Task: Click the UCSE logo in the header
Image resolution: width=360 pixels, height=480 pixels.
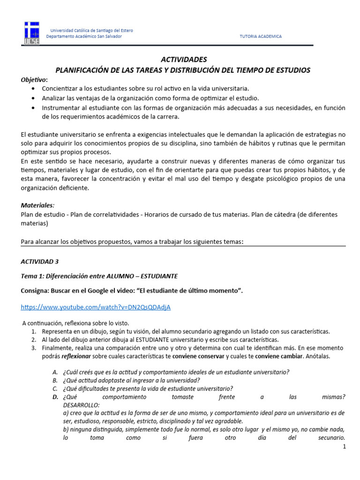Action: (x=32, y=33)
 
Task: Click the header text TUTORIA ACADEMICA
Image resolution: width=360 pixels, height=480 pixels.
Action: (x=261, y=37)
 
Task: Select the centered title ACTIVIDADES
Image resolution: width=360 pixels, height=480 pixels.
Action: (x=183, y=60)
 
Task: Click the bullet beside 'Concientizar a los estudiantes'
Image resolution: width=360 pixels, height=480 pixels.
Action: (x=32, y=88)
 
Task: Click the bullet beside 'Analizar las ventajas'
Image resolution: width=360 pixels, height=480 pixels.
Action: (x=32, y=98)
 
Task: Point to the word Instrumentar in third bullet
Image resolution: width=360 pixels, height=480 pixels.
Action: (x=60, y=108)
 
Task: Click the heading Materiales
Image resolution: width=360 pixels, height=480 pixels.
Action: (x=37, y=205)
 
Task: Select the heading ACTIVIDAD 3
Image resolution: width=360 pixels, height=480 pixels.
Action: (x=40, y=261)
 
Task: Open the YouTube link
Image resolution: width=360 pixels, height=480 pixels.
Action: (x=96, y=307)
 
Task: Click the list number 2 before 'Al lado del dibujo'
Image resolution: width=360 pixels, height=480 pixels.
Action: (x=34, y=339)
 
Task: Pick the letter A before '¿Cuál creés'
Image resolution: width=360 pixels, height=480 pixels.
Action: (x=55, y=372)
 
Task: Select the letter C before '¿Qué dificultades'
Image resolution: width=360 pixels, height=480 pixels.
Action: (x=55, y=389)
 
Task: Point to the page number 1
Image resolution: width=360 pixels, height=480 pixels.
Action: (x=344, y=447)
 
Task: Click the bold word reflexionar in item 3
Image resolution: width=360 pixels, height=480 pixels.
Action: (x=77, y=356)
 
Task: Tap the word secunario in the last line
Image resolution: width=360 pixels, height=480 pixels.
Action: (x=330, y=439)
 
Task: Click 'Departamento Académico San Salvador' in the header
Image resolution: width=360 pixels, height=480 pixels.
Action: (x=84, y=37)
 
